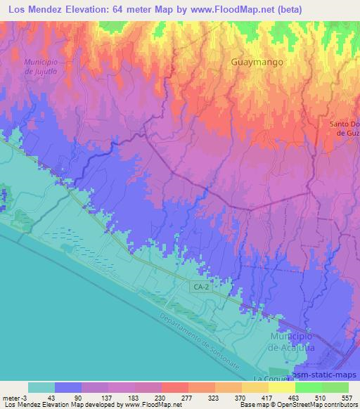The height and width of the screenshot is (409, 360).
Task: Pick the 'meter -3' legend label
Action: [15, 397]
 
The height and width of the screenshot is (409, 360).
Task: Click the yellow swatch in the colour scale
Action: [281, 387]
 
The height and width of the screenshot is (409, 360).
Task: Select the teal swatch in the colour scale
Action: [41, 387]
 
